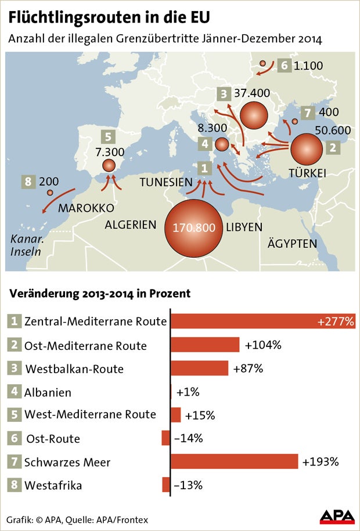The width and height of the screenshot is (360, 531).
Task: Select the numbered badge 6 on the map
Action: tap(284, 65)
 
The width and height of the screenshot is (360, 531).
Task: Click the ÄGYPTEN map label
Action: tap(292, 243)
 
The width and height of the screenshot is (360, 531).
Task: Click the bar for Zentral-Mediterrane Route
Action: tap(262, 321)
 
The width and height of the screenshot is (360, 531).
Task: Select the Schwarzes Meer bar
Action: tap(234, 461)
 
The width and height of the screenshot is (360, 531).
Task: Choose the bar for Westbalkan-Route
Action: tap(199, 368)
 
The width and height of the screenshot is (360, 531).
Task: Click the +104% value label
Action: tap(263, 345)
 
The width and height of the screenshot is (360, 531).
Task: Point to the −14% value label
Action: tap(188, 438)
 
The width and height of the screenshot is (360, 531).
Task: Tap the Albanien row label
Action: tap(48, 392)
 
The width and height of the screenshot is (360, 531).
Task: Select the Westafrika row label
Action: tap(53, 485)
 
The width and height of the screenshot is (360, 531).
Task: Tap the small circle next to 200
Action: tap(50, 193)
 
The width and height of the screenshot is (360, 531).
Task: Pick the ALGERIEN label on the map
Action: tap(131, 225)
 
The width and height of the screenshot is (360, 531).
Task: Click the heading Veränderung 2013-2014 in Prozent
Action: tap(99, 294)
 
